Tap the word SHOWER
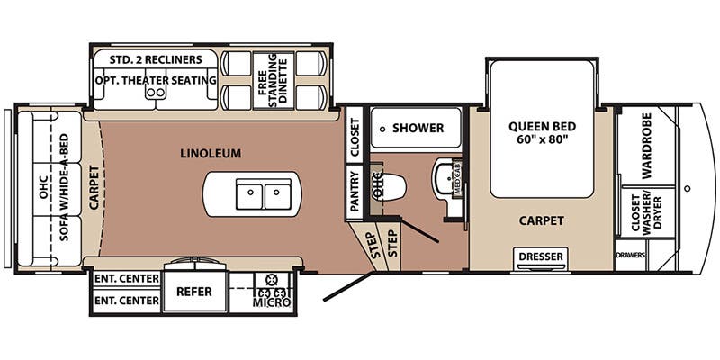tap(418, 128)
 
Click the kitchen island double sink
tap(264, 194)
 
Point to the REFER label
tap(194, 292)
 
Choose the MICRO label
tap(272, 302)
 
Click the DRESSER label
tap(541, 256)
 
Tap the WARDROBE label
tap(646, 146)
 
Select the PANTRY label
tap(355, 191)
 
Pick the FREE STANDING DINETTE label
tap(274, 81)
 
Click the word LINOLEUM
tap(211, 153)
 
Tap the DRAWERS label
tap(631, 256)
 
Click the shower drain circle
tap(382, 130)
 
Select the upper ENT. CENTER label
tap(127, 278)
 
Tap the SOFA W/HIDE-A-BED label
tap(64, 187)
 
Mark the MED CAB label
tap(457, 179)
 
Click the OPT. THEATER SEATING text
tap(156, 80)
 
